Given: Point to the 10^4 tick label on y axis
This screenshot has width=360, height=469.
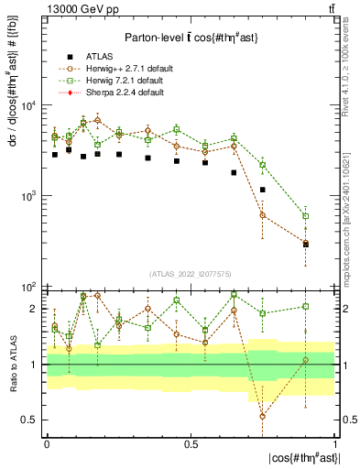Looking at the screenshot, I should (27, 105).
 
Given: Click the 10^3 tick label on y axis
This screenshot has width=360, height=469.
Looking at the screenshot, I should (27, 196).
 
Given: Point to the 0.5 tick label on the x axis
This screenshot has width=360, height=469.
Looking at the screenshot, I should (191, 444).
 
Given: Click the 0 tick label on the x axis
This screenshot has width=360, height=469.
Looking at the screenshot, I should (47, 444).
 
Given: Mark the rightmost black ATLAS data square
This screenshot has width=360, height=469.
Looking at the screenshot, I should (306, 245).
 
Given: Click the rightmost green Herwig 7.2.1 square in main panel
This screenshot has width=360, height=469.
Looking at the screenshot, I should (306, 216).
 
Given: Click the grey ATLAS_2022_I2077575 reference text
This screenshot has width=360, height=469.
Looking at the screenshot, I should (191, 274).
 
